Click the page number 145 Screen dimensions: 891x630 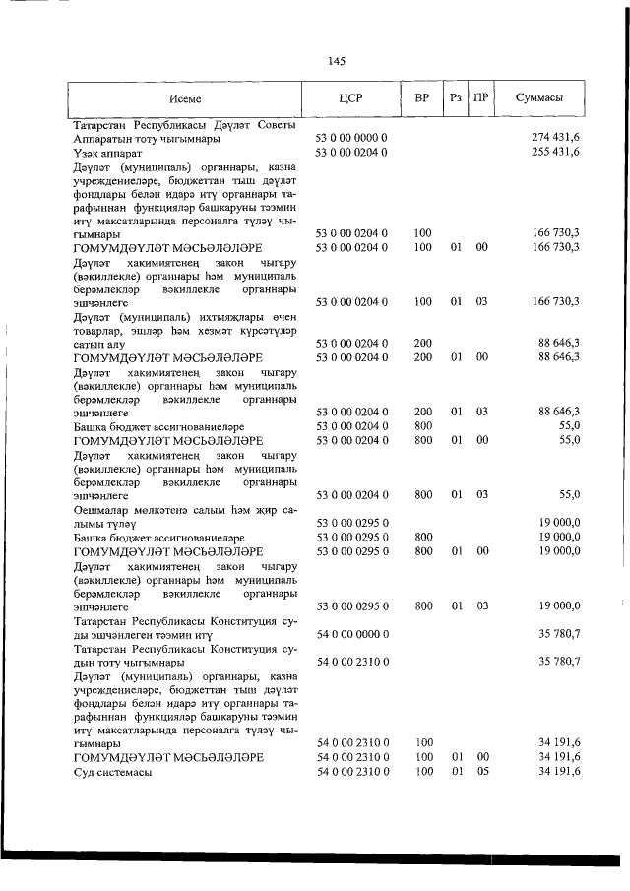point(336,61)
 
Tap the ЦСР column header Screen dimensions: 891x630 point(351,99)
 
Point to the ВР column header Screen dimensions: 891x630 point(421,99)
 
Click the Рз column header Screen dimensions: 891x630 point(454,99)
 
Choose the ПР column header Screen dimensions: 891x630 point(481,99)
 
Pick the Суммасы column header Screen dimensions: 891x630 point(539,99)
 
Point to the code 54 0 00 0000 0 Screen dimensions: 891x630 point(351,633)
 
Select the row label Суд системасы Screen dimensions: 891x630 point(112,771)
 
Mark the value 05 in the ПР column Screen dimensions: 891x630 point(481,771)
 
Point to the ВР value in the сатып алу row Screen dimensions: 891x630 point(422,343)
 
